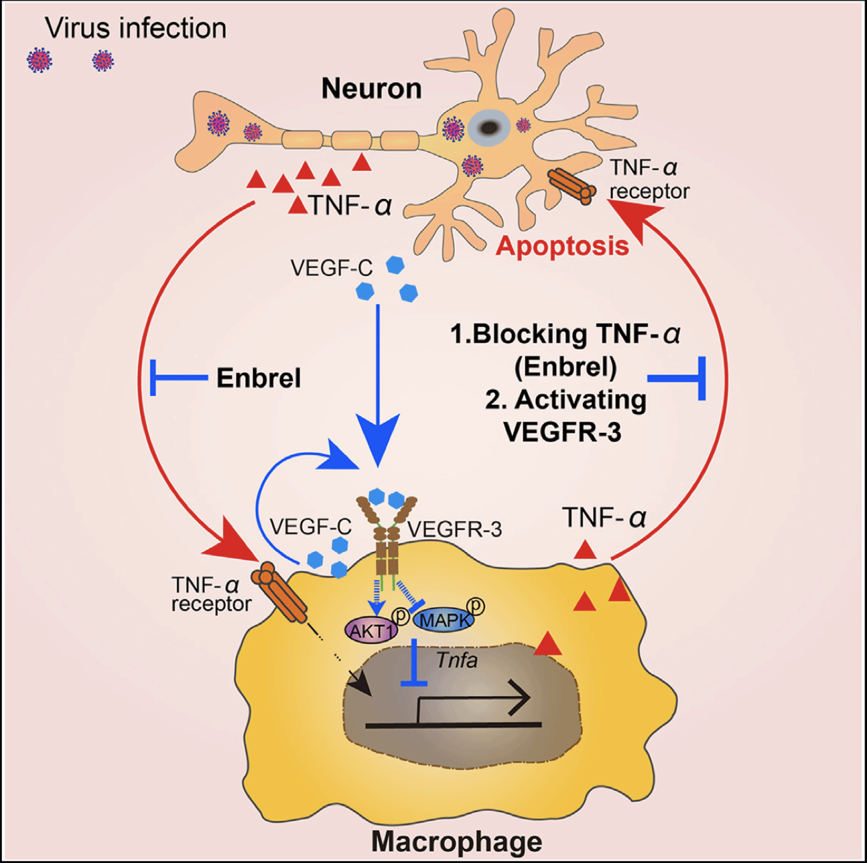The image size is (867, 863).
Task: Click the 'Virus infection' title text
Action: (x=135, y=28)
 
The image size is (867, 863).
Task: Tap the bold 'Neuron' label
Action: (x=371, y=88)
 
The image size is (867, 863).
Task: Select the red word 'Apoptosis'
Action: (x=562, y=246)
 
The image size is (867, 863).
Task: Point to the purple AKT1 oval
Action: (x=371, y=630)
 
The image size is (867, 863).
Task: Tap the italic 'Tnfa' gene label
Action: (x=457, y=660)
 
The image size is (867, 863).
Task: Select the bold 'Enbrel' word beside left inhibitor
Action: (x=259, y=379)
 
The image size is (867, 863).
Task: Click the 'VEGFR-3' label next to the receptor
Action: (x=454, y=529)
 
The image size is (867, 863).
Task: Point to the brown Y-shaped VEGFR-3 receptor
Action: (x=387, y=536)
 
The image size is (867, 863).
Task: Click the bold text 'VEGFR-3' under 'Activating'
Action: (x=562, y=431)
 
